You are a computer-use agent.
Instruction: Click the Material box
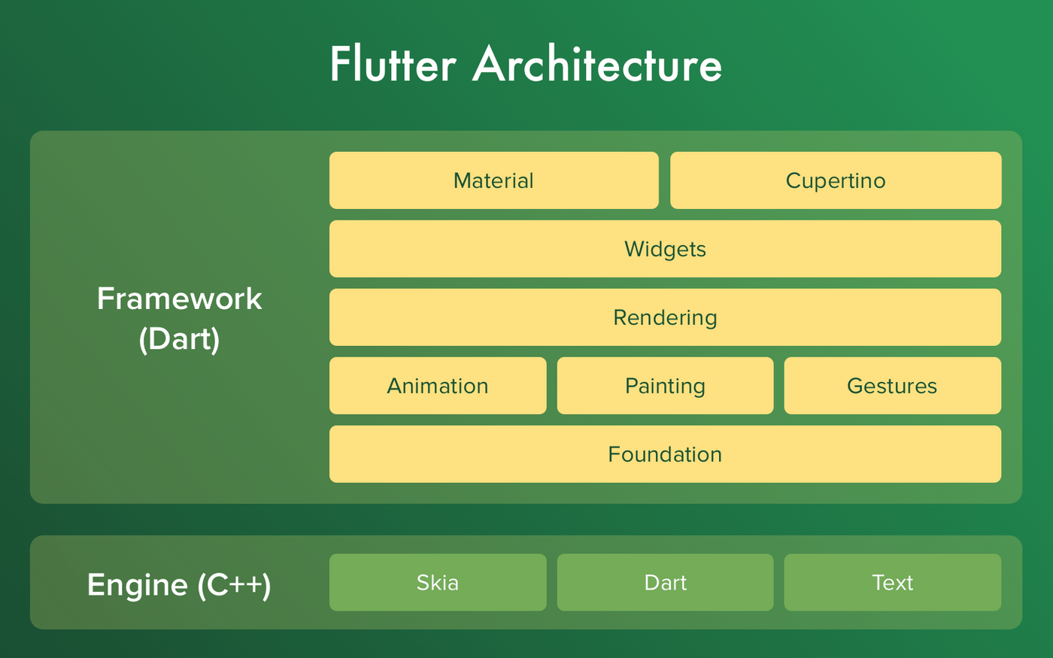pos(493,180)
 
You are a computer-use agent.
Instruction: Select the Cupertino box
pos(836,180)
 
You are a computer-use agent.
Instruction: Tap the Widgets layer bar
pos(665,249)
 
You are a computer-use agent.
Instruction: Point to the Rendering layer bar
pos(665,317)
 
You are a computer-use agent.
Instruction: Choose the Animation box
pos(438,385)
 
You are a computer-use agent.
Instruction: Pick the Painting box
pos(665,385)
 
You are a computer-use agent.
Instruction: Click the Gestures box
pos(893,385)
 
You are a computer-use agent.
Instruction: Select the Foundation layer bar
pos(665,454)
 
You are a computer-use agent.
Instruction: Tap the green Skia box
pos(438,582)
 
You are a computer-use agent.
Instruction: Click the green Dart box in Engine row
pos(665,582)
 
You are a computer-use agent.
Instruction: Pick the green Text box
pos(893,582)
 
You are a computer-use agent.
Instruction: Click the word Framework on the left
pos(179,299)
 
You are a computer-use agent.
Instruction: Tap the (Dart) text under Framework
pos(179,339)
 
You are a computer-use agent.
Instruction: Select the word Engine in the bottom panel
pos(137,586)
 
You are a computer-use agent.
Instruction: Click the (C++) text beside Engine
pos(234,586)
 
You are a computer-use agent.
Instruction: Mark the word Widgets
pos(665,250)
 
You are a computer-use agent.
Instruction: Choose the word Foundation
pos(665,454)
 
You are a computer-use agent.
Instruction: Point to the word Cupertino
pos(836,181)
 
